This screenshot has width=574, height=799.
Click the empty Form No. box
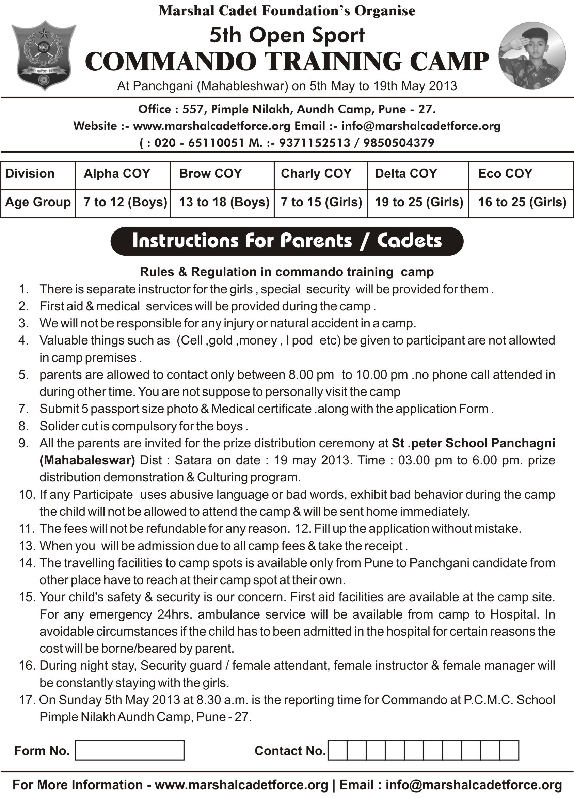click(x=129, y=750)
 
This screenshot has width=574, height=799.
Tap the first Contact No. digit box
click(x=337, y=750)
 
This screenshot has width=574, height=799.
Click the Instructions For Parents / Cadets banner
click(x=287, y=241)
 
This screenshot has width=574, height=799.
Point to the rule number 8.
click(x=23, y=426)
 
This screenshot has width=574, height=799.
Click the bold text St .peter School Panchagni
click(x=473, y=443)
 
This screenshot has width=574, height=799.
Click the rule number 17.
click(x=26, y=700)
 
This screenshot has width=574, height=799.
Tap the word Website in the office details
click(x=95, y=126)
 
